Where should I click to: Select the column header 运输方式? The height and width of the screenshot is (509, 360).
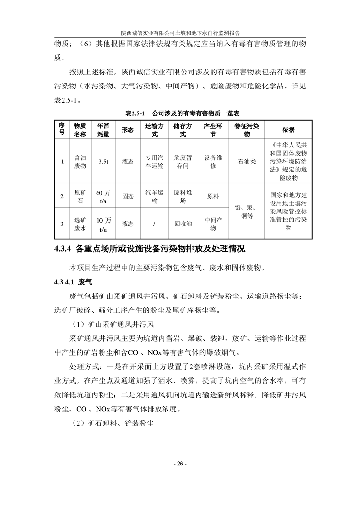tap(154, 130)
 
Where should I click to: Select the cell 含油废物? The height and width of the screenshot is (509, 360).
tap(80, 161)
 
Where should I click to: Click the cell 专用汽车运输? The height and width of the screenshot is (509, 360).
tap(154, 161)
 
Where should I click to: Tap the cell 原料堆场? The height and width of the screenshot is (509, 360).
tap(183, 196)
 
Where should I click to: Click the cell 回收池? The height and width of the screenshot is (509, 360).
tap(183, 224)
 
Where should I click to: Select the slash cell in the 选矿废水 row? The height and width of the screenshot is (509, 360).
tap(154, 224)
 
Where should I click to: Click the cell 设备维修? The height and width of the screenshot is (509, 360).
tap(213, 161)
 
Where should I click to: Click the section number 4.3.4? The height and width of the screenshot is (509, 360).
tap(63, 249)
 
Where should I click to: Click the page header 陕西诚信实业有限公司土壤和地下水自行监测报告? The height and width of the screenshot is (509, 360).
tap(180, 33)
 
